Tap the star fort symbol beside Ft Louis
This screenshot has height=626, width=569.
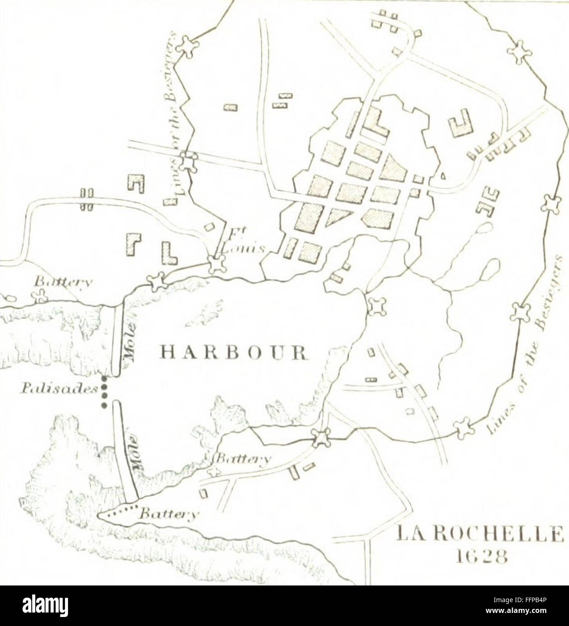coord(217,264)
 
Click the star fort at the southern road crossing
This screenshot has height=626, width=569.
coord(322,437)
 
